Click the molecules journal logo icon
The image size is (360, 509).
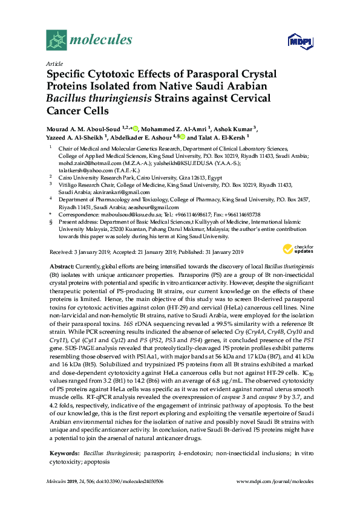tap(57, 40)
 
